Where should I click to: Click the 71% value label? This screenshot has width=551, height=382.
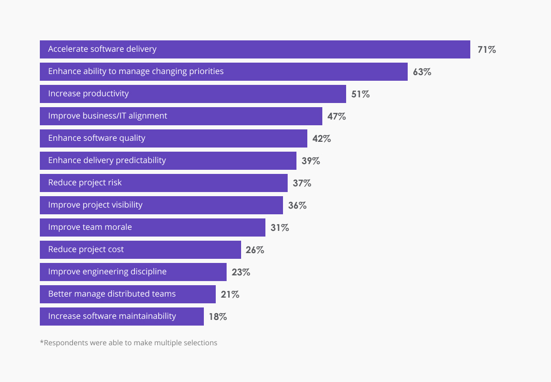[x=486, y=50]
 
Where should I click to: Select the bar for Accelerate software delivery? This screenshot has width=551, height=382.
[x=310, y=50]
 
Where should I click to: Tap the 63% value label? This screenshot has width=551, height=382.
[x=422, y=72]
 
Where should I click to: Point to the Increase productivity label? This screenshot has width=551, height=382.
[x=88, y=94]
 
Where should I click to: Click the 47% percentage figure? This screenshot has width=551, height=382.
[x=336, y=116]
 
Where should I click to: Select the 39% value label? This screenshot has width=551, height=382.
[x=310, y=161]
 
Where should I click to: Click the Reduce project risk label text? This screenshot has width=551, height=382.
[x=85, y=183]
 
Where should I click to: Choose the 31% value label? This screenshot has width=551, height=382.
[x=279, y=228]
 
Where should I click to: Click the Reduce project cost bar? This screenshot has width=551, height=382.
[x=181, y=249]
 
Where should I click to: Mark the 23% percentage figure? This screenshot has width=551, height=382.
[x=241, y=272]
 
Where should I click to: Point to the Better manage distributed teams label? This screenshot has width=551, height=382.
[x=112, y=294]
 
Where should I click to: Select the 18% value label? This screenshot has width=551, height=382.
[x=217, y=317]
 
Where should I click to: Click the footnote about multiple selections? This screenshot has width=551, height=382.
[x=128, y=343]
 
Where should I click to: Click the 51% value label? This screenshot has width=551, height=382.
[x=360, y=94]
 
